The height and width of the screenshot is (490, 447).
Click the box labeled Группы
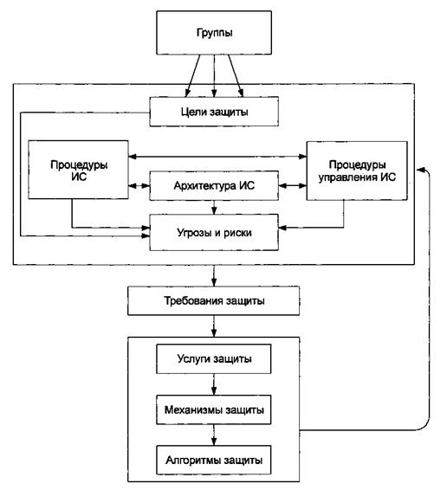pos(214,33)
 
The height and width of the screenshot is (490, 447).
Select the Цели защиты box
pos(214,112)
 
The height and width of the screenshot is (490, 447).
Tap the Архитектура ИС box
pos(214,185)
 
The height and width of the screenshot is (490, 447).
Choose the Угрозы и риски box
pos(214,233)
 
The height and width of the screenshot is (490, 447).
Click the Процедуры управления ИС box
pos(357,171)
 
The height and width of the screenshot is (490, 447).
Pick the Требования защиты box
pos(214,300)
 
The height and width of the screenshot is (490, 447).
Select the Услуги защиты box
pos(214,358)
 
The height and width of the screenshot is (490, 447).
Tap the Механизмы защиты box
pos(214,409)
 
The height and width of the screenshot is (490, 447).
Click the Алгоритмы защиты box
pos(214,461)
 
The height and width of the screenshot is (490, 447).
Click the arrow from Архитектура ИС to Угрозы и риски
pos(214,208)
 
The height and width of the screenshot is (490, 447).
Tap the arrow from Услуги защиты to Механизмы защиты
pos(214,384)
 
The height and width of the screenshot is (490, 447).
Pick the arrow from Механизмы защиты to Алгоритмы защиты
pos(214,435)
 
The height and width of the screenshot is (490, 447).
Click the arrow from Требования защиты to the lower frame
pos(214,326)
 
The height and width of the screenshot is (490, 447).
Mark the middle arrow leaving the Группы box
pos(214,75)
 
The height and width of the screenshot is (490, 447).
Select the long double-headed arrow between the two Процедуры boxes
pos(217,156)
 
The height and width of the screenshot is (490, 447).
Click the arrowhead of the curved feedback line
pos(420,170)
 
